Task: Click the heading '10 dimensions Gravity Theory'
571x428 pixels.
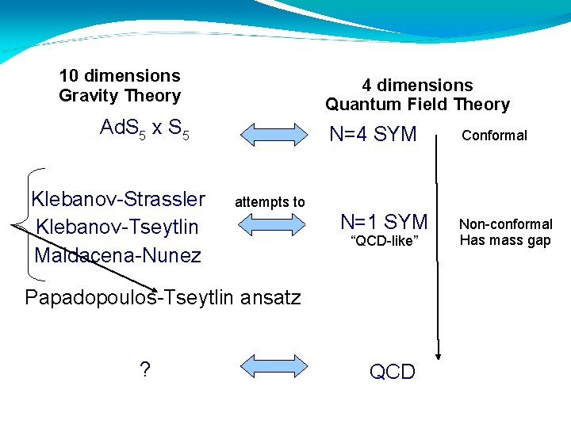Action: click(x=120, y=86)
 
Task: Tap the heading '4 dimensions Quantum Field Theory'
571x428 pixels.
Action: click(x=417, y=95)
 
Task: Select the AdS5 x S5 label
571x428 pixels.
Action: click(x=144, y=128)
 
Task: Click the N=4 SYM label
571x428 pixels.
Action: click(x=373, y=135)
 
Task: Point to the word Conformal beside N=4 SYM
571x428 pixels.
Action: click(x=494, y=136)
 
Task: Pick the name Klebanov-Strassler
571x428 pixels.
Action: click(x=117, y=199)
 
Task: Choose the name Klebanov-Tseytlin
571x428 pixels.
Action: click(x=117, y=227)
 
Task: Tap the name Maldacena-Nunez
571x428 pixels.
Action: click(x=117, y=255)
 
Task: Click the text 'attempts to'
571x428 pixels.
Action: click(x=270, y=202)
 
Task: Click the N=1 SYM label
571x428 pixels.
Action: click(x=384, y=222)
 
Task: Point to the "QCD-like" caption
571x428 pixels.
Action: click(x=384, y=242)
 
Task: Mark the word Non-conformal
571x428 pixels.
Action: click(x=506, y=224)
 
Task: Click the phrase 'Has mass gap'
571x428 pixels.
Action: click(x=505, y=241)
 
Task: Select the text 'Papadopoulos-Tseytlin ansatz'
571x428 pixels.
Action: click(x=163, y=298)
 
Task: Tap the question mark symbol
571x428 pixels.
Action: click(x=145, y=369)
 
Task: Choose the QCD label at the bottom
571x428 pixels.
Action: click(x=392, y=372)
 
